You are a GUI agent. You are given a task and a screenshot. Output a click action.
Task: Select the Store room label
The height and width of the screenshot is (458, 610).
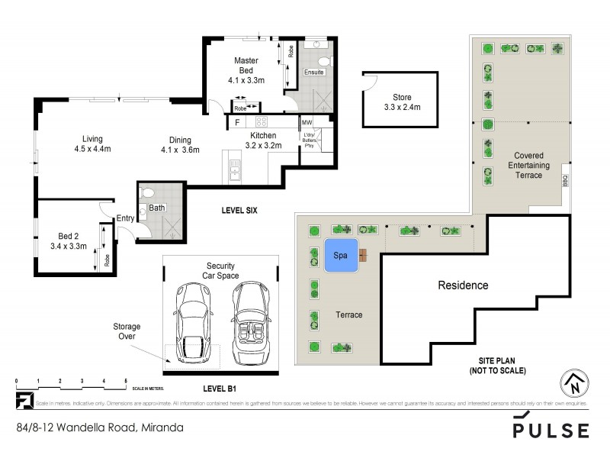[x=401, y=102]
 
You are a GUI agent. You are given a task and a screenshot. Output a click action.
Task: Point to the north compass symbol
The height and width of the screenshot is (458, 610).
[x=574, y=383]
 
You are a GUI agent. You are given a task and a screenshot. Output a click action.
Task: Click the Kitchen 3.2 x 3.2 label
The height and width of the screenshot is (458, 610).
[x=260, y=140]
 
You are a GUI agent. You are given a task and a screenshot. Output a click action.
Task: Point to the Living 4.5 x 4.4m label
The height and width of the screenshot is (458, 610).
[x=92, y=144]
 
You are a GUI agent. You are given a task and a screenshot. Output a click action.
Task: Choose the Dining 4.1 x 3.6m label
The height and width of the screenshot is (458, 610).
[x=180, y=144]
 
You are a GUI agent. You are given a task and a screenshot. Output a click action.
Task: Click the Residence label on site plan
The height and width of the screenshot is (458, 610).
[x=462, y=285]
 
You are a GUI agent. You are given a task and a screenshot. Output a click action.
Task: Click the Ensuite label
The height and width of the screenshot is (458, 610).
[x=314, y=73]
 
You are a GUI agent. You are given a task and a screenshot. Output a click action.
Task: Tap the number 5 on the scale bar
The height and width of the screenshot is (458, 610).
[x=126, y=380]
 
